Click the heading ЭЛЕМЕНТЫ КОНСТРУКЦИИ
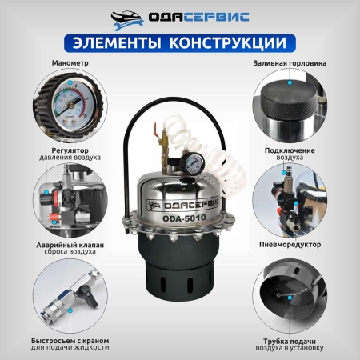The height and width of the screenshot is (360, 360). click(x=179, y=41)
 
